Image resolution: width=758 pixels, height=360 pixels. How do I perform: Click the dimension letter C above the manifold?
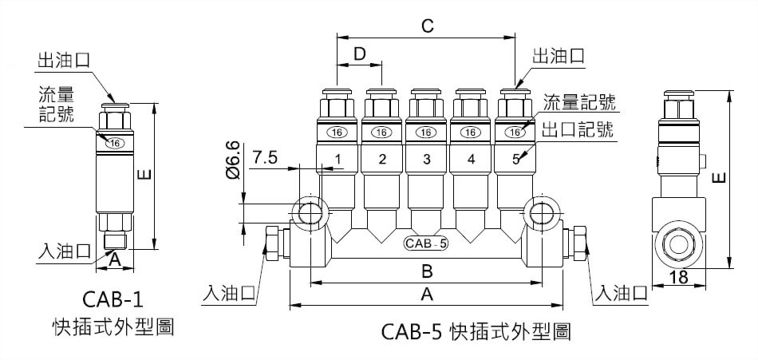427,26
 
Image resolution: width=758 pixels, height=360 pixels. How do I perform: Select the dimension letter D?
359,54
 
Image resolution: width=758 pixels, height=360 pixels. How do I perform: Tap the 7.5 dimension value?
265,158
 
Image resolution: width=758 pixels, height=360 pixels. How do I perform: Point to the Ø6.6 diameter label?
232,159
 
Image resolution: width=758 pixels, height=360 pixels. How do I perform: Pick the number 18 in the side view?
679,277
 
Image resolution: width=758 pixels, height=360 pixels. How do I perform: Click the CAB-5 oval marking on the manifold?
425,243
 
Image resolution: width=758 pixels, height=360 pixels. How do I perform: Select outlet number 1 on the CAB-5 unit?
338,159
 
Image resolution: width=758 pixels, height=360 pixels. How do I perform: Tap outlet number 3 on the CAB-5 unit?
427,159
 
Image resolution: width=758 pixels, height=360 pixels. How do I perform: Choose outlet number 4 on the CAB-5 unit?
472,159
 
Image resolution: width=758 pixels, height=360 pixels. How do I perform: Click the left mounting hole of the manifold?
308,212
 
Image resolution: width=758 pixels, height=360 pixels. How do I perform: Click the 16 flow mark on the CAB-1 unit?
115,144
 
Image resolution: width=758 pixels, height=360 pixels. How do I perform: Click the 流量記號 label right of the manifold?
579,102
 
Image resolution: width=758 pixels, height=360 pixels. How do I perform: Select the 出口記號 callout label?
578,130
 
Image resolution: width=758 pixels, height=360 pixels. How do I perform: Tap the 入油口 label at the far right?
620,292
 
